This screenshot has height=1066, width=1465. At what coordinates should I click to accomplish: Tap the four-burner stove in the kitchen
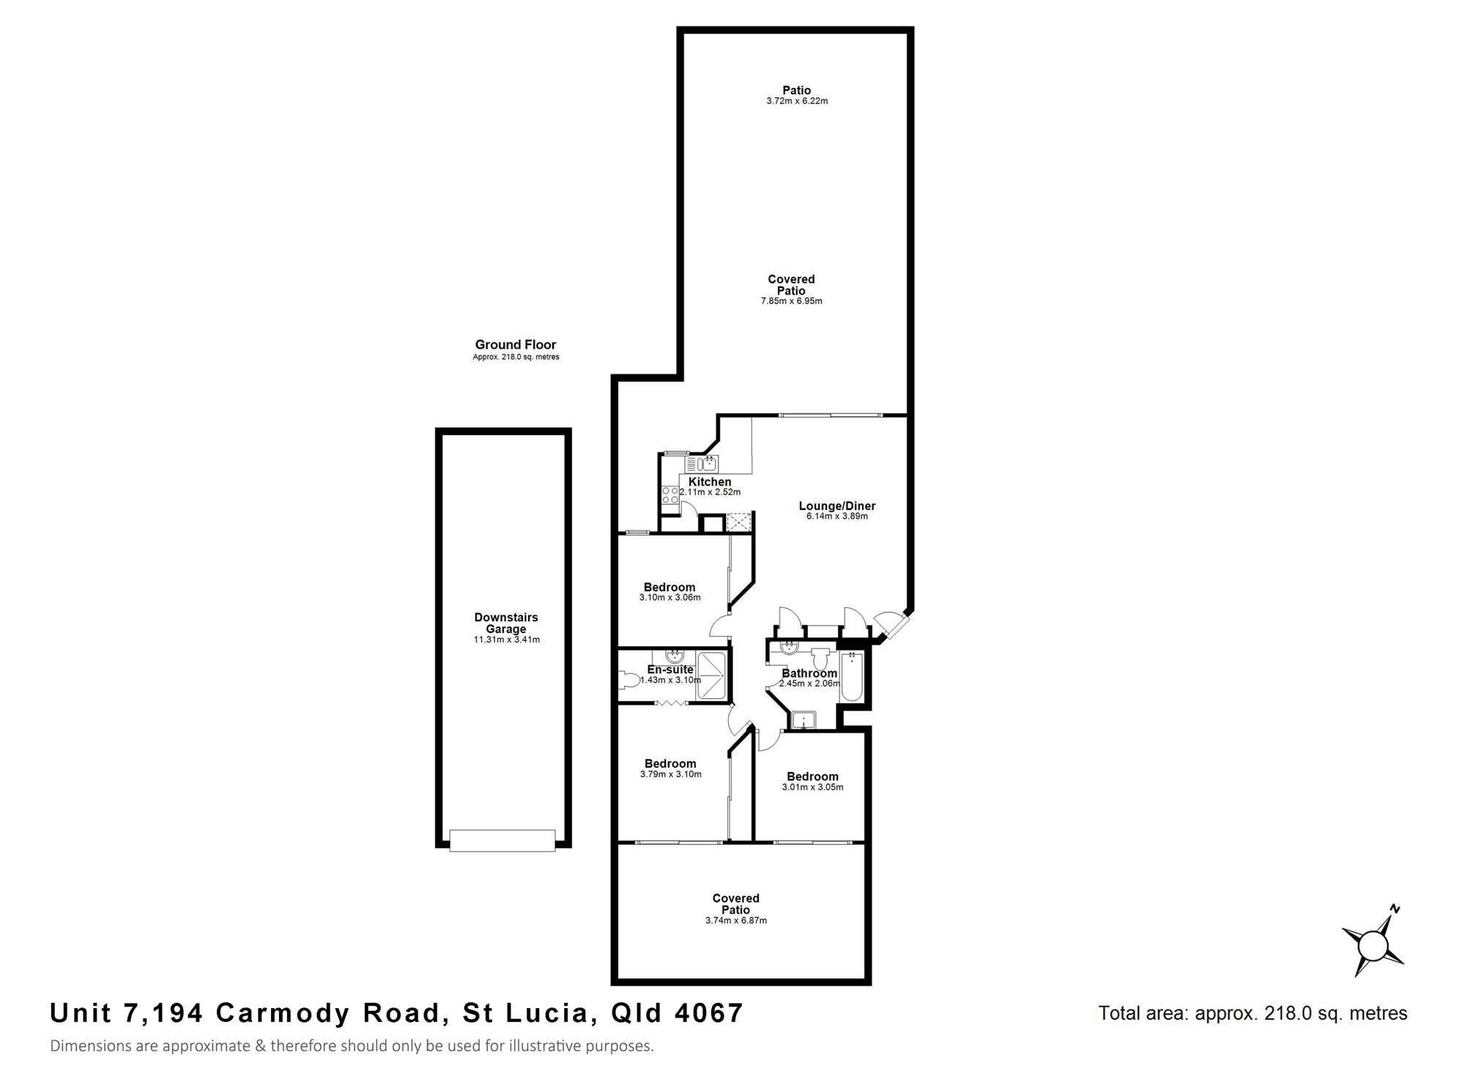click(x=670, y=495)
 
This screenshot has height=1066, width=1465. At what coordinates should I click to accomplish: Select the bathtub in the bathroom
click(x=851, y=676)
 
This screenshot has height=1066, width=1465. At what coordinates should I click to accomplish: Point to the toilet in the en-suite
click(x=628, y=681)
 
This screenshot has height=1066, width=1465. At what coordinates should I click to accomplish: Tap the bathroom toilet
click(x=821, y=658)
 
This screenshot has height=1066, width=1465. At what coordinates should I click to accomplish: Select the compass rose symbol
click(x=1371, y=944)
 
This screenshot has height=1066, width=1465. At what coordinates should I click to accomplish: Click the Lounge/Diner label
click(x=837, y=506)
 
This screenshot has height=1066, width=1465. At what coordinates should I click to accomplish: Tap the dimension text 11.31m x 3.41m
click(x=506, y=640)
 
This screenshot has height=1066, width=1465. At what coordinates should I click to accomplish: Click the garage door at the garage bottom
click(x=502, y=840)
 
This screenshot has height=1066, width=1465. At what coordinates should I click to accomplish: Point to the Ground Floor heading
click(x=516, y=344)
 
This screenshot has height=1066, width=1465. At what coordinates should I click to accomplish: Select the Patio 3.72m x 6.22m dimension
click(x=797, y=101)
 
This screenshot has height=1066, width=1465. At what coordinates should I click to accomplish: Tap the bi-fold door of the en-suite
click(x=671, y=703)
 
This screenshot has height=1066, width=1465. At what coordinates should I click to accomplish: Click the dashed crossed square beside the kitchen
click(x=738, y=522)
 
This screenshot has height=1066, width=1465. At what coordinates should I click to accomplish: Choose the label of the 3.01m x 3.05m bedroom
click(x=812, y=777)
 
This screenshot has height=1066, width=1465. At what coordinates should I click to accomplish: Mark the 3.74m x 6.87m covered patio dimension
click(x=736, y=921)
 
